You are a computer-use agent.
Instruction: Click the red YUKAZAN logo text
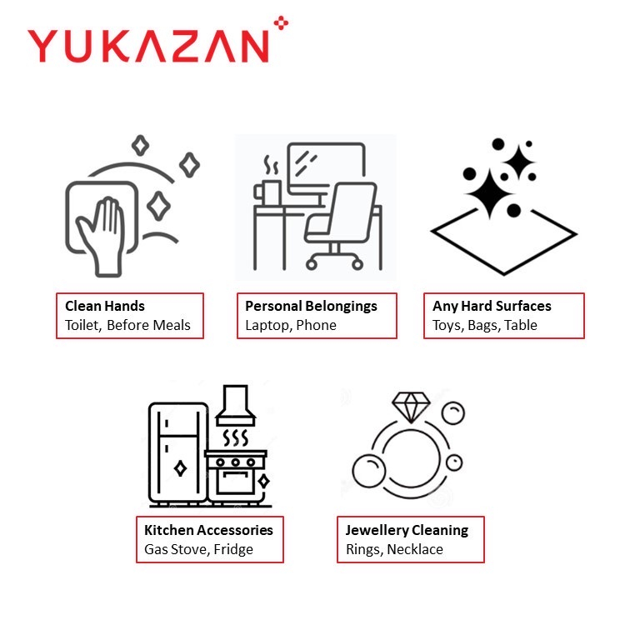tap(147, 46)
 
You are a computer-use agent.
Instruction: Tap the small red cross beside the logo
tap(282, 22)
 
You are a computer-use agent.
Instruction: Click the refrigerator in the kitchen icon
tap(178, 454)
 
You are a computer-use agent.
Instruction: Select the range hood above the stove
tap(236, 406)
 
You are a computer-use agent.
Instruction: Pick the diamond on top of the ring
tap(411, 407)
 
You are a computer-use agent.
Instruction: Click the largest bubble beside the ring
tap(369, 471)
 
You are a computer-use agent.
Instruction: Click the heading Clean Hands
tap(105, 306)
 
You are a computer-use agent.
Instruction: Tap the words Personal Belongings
tap(312, 307)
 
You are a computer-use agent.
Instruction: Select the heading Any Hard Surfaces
tap(492, 307)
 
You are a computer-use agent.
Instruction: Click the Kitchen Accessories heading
tap(208, 530)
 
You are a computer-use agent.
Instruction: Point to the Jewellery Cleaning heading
tap(407, 531)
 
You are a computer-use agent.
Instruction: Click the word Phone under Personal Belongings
tap(316, 325)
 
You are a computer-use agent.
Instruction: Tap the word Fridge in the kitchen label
tap(233, 550)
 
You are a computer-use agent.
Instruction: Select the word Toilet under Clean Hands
tap(82, 326)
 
